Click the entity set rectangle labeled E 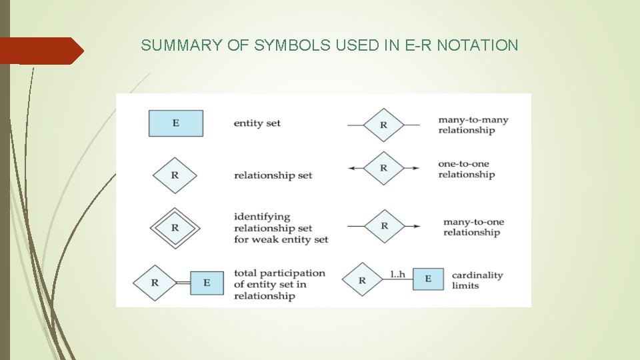click(175, 123)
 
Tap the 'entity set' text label click(257, 123)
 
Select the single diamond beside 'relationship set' click(175, 175)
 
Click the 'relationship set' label click(273, 175)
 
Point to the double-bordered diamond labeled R click(175, 227)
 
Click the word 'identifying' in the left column click(262, 217)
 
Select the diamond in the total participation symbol click(155, 283)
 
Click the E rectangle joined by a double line click(207, 283)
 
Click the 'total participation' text click(279, 273)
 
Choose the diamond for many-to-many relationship click(383, 125)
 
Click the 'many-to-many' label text click(473, 120)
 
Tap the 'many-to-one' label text click(473, 222)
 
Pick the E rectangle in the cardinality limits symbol click(428, 279)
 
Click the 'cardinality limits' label click(477, 280)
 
